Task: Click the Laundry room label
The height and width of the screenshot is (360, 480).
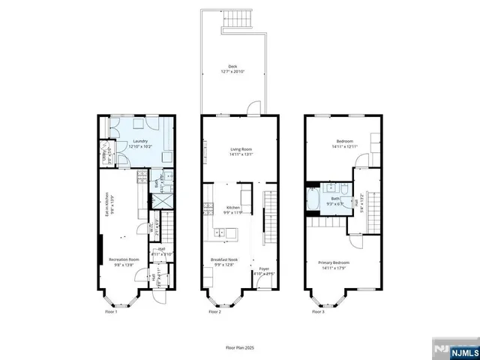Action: (139, 142)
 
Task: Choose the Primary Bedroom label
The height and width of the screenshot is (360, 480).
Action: (331, 260)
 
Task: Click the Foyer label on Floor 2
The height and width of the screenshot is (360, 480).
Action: (264, 268)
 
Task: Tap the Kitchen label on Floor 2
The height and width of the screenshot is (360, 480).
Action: (233, 208)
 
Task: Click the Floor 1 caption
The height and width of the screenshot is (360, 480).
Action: (111, 311)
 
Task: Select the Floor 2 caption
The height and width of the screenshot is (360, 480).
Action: (214, 311)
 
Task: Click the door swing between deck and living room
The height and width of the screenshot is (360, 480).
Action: (256, 106)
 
